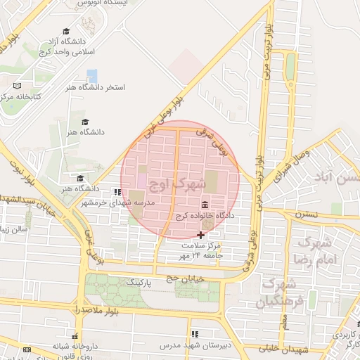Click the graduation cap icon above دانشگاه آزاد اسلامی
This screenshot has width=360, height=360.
pyautogui.click(x=66, y=32)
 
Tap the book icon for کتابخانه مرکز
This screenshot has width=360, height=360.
pyautogui.click(x=18, y=85)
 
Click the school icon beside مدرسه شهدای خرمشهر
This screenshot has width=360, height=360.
pyautogui.click(x=117, y=191)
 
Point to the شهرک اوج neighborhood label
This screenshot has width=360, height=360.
pyautogui.click(x=181, y=184)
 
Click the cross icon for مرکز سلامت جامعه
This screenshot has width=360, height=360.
pyautogui.click(x=201, y=234)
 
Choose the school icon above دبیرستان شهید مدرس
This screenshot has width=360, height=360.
pyautogui.click(x=195, y=333)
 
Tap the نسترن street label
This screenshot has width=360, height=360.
pyautogui.click(x=307, y=214)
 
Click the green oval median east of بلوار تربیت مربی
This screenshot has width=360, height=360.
pyautogui.click(x=290, y=67)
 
